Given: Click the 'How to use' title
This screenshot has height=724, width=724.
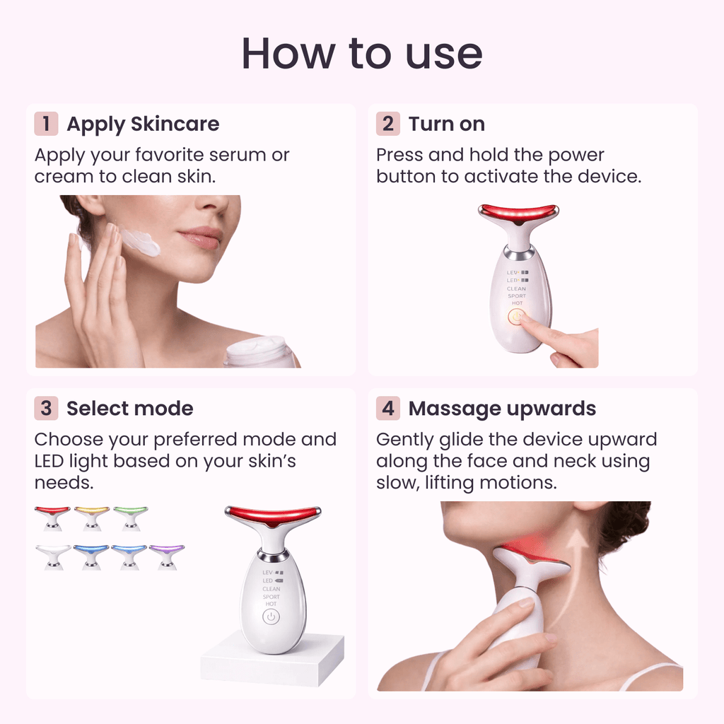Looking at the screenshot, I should point(362,54).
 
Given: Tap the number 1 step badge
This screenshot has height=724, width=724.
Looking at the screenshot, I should point(46,124).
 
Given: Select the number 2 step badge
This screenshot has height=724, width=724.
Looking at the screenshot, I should point(387,124).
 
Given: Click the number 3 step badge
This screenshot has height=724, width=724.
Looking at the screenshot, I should point(46,409).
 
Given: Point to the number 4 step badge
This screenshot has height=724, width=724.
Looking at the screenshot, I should point(387,409).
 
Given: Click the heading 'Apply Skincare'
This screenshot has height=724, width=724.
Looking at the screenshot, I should point(143,124).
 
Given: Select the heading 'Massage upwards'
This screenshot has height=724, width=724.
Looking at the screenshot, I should point(502,409).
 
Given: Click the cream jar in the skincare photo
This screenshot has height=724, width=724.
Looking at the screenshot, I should point(260,351).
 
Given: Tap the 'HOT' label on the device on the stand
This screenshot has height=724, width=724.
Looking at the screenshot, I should point(271,604).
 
